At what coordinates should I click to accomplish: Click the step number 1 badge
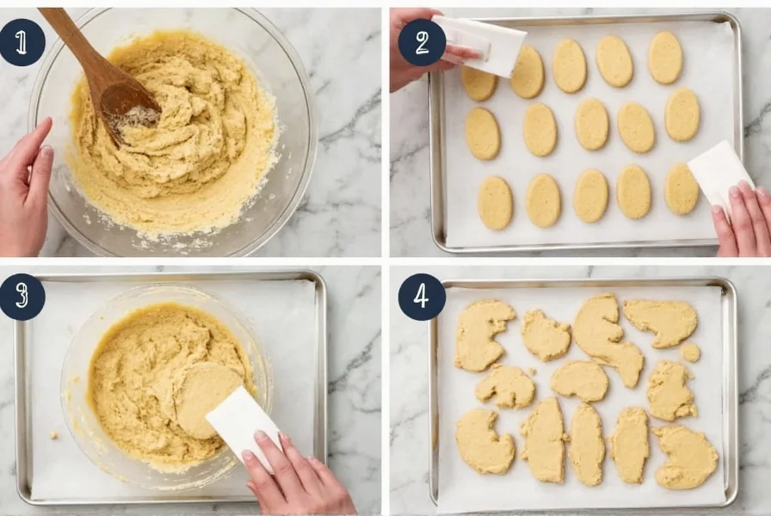pyautogui.click(x=22, y=42)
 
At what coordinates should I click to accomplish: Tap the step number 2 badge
pyautogui.click(x=422, y=42)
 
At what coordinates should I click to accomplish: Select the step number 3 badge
pyautogui.click(x=22, y=297)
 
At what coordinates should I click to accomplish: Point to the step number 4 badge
pyautogui.click(x=422, y=297)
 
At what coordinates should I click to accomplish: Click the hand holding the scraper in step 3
pyautogui.click(x=297, y=477)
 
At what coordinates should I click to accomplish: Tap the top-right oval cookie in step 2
pyautogui.click(x=665, y=57)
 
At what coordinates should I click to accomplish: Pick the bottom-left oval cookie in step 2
pyautogui.click(x=495, y=203)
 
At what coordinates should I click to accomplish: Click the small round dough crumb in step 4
pyautogui.click(x=690, y=353)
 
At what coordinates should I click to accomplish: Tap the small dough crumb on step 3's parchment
pyautogui.click(x=53, y=434)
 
